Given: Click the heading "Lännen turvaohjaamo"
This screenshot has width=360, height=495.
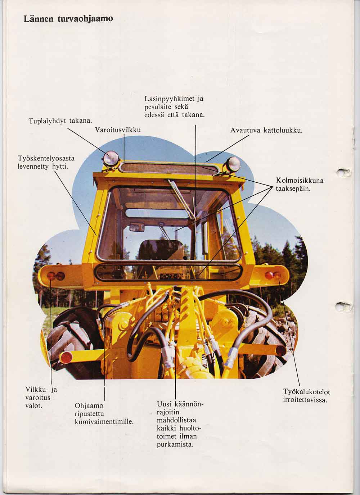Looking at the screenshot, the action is click(68, 19).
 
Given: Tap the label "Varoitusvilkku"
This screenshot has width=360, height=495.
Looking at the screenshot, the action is click(118, 130).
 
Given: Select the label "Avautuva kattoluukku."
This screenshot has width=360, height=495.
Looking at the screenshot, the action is click(266, 131).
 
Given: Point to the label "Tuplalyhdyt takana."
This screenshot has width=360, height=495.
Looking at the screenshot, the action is click(60, 121).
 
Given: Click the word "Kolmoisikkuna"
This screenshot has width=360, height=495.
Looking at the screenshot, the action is click(300, 181).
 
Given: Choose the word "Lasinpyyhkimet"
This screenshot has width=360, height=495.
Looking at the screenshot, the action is click(170, 99).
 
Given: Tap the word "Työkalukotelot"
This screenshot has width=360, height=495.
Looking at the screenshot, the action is click(306, 392).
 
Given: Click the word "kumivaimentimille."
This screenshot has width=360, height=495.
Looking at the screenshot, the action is click(104, 422).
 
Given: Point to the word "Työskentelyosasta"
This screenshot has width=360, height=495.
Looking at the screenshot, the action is click(46, 159).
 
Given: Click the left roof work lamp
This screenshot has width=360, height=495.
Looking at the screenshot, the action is click(111, 158).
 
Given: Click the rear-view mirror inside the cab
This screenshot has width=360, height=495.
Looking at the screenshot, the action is click(137, 227).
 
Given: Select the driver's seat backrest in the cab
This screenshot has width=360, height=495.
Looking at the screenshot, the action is click(161, 250).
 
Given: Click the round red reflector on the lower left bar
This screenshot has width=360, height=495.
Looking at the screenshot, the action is click(66, 358).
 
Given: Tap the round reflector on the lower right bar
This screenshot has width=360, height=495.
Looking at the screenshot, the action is click(281, 351).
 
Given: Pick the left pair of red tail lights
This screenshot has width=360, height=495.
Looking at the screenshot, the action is click(56, 276).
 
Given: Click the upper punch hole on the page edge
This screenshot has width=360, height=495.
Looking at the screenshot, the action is click(343, 172).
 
